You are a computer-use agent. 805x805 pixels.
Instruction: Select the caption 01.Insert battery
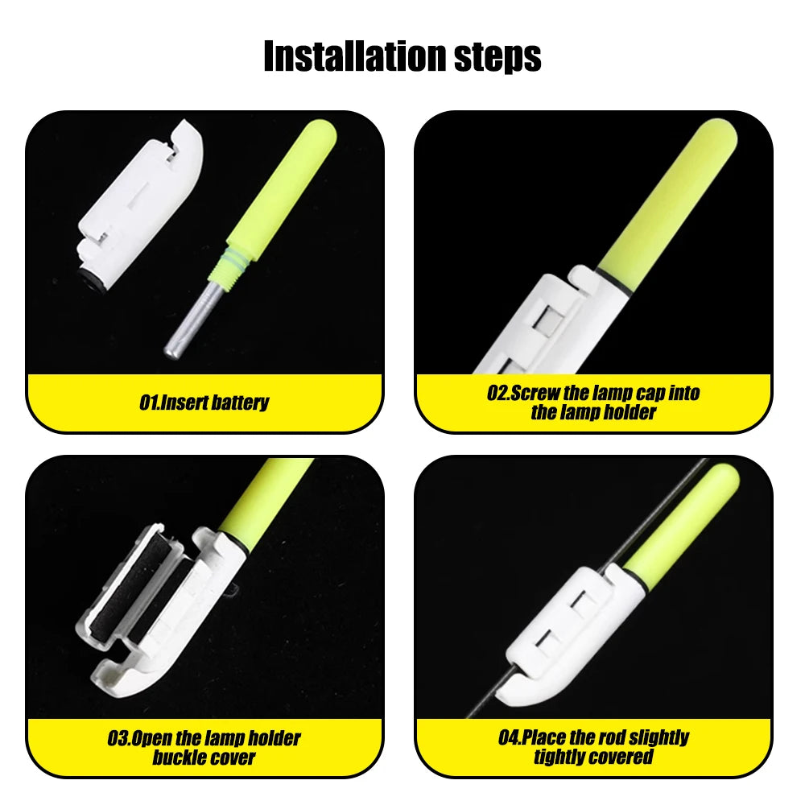pos(204,402)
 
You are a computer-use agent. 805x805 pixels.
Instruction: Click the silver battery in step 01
pos(192,318)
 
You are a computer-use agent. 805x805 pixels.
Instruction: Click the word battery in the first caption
pos(239,402)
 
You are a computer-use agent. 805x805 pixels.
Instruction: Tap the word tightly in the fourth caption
pos(561,758)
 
